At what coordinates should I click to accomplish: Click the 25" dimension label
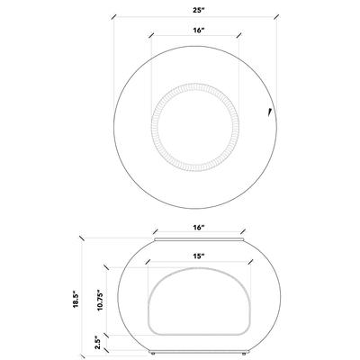pos(194,10)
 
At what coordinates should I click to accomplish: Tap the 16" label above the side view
pos(197,229)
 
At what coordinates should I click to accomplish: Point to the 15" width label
pos(197,256)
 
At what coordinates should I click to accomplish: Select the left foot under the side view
pos(154,354)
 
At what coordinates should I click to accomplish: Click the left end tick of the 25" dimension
pos(114,16)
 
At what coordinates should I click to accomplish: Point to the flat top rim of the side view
pos(196,241)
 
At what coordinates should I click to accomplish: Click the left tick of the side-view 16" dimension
pos(153,232)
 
